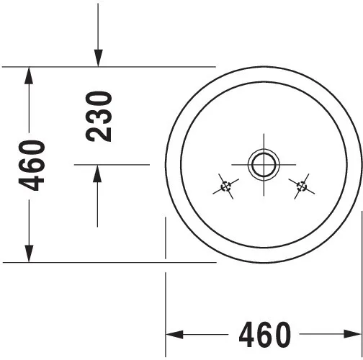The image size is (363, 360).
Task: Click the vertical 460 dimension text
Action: (32, 166)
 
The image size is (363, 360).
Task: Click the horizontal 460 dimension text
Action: (265, 335)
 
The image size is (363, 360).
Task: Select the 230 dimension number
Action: (99, 117)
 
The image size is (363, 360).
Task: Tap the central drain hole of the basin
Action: (264, 165)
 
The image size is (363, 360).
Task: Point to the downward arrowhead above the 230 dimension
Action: (98, 58)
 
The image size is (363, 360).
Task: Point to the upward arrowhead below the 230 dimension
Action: (97, 174)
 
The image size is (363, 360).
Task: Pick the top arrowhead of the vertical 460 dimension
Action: (29, 76)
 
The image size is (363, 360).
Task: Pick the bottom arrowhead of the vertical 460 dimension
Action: (29, 253)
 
